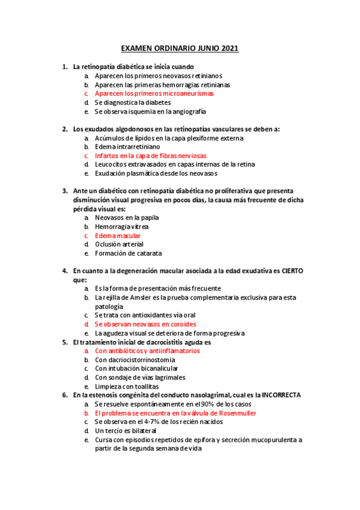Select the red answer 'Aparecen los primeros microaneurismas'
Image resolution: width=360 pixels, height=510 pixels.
[x=154, y=94]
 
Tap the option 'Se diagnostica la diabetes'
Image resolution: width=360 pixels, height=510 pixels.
[x=132, y=102]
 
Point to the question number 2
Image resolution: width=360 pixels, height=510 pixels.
[x=65, y=129]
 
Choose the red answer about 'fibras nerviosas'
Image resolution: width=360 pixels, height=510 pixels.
[x=150, y=155]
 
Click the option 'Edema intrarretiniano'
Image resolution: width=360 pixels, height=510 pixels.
[x=127, y=147]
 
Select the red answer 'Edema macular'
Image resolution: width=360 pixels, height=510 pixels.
[x=118, y=236]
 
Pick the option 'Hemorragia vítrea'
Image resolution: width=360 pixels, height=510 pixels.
[x=122, y=227]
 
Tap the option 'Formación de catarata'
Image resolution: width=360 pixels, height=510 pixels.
[x=128, y=253]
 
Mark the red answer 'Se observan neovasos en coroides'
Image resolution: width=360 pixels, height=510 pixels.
[x=145, y=324]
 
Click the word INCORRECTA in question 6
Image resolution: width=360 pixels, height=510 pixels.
[x=279, y=395]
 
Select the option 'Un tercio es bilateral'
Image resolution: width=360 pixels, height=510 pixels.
[x=125, y=431]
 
